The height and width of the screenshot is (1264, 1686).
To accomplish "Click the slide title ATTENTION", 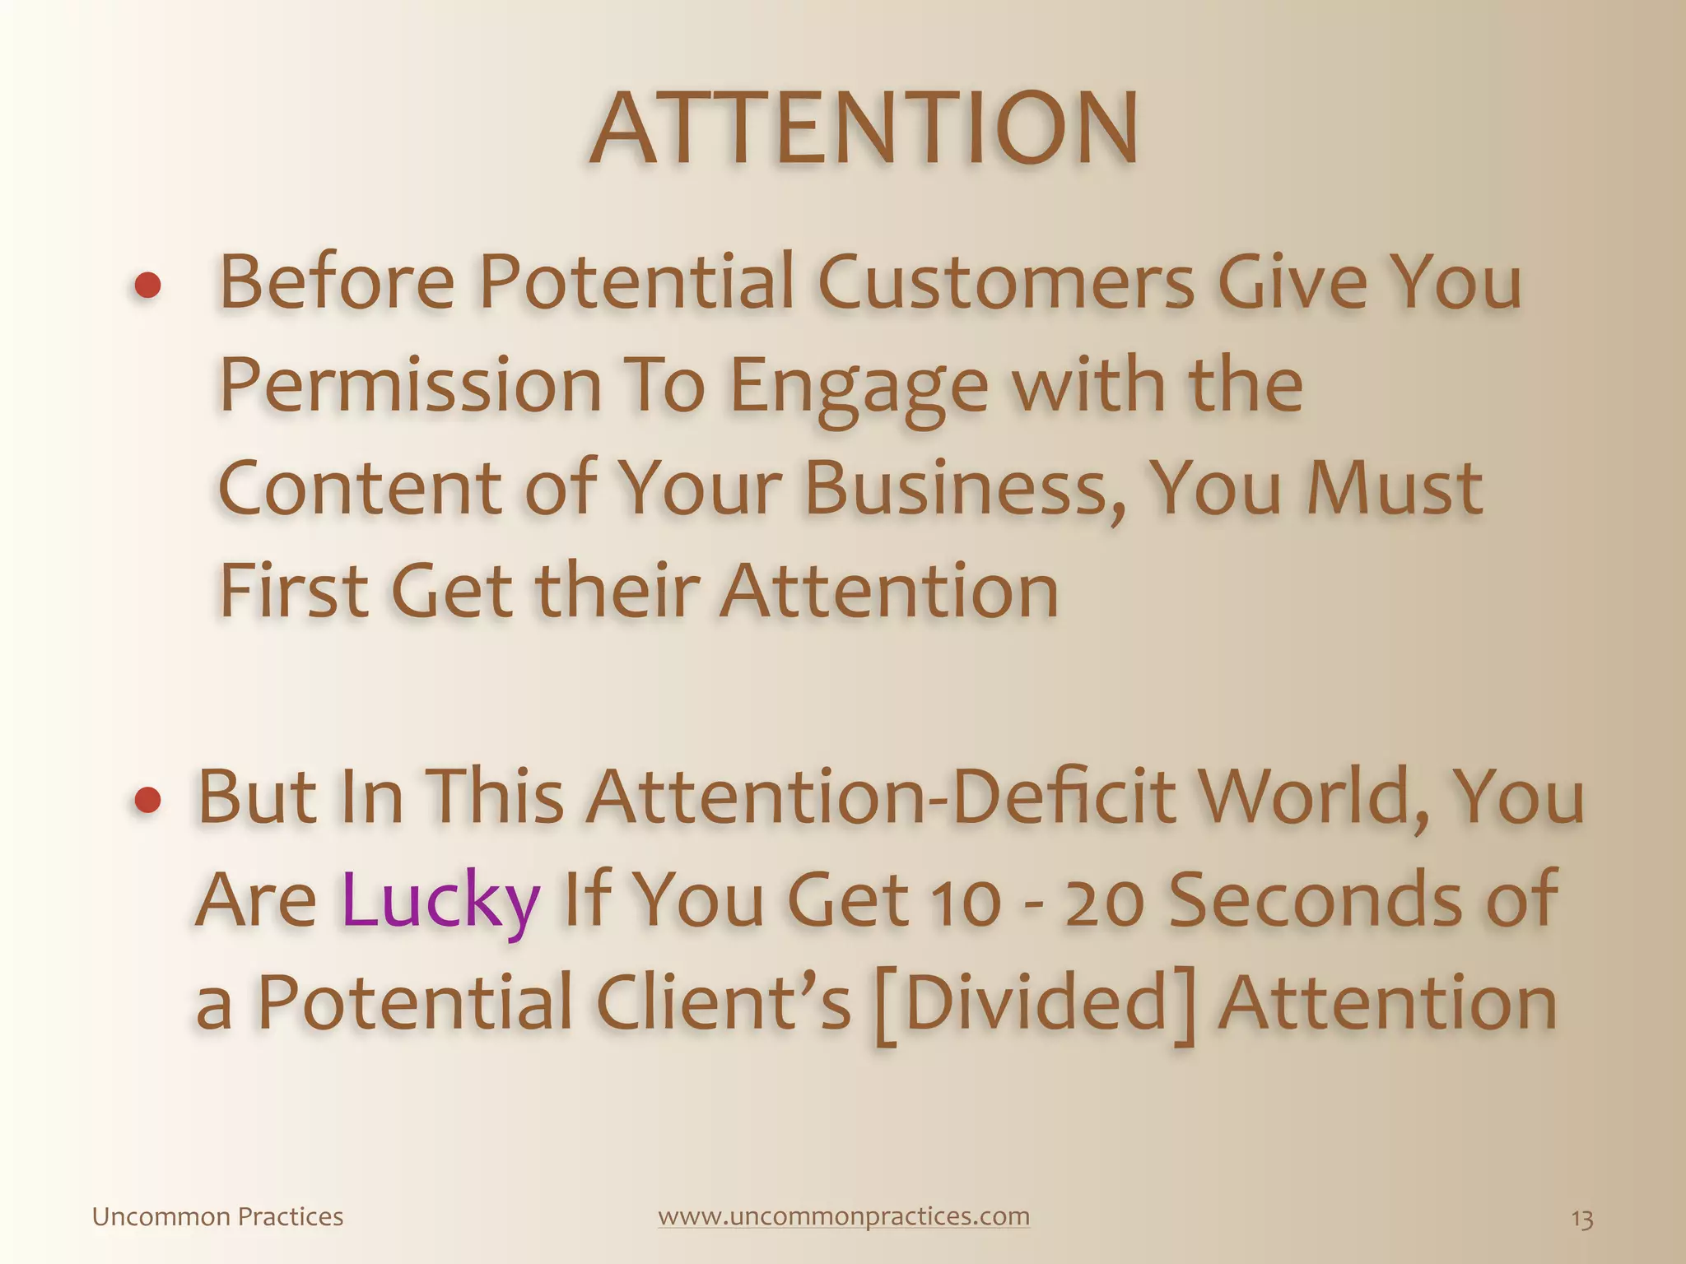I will click(864, 130).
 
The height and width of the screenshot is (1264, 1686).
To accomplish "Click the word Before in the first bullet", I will click(337, 282).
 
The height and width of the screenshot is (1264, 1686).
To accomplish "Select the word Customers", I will click(1005, 282).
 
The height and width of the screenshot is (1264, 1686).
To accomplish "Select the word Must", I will click(1395, 488).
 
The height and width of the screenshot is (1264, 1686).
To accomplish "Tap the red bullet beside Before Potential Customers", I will click(147, 286).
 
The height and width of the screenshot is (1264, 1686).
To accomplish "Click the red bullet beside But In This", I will click(147, 800).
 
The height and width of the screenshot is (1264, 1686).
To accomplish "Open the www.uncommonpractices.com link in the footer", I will click(844, 1216).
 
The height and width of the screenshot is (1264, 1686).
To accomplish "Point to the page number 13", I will click(1581, 1219).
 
